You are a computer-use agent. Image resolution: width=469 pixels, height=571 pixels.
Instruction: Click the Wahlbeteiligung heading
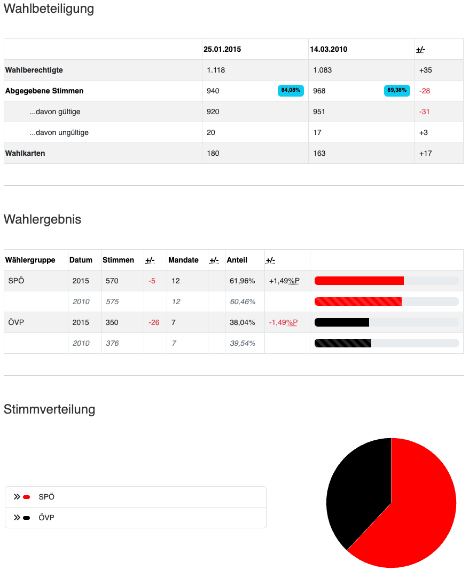coord(49,9)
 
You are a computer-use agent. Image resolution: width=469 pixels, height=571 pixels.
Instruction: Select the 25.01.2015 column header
coord(222,49)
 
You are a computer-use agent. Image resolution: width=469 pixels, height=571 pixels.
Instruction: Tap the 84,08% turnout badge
coord(291,91)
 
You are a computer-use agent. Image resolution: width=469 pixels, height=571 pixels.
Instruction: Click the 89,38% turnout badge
coord(397,91)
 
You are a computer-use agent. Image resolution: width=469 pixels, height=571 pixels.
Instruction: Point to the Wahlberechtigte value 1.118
coord(217,70)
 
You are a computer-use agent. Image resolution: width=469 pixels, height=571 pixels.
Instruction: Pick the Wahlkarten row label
coord(25,153)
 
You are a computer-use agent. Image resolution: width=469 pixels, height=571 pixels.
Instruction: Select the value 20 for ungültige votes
coord(211,132)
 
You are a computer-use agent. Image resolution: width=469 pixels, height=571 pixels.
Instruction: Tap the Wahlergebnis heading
coord(42,219)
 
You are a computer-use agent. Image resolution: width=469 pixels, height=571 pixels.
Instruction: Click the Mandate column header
coord(183,260)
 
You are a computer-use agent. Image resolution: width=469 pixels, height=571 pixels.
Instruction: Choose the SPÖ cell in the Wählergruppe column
coord(16,281)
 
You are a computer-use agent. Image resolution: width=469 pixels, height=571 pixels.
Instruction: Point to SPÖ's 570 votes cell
coord(112,281)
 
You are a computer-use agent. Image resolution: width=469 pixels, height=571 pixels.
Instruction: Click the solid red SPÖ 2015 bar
coord(359,281)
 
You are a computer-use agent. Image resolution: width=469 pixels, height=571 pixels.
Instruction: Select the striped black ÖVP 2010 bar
coord(343,343)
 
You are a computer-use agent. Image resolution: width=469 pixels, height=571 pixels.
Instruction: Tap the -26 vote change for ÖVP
coord(154,322)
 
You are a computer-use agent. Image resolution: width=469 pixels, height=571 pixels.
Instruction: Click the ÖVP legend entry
coord(46,518)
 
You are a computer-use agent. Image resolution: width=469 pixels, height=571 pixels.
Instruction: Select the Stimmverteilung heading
coord(49,409)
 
